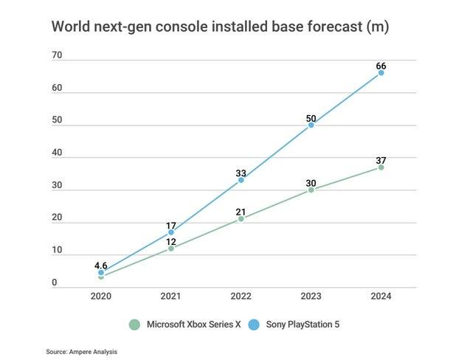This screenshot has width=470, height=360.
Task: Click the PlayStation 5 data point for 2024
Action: click(x=381, y=72)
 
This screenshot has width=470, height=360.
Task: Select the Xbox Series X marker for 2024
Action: click(x=381, y=167)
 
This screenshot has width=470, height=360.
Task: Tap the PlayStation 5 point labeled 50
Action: click(x=311, y=125)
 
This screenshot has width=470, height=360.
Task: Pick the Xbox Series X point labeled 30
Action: click(x=311, y=190)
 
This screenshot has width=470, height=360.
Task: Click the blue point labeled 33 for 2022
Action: click(x=241, y=180)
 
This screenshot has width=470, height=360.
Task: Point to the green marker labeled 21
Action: click(x=241, y=218)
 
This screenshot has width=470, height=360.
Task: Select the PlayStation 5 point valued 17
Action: click(x=170, y=232)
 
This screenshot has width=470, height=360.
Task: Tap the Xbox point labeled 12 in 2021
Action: click(x=170, y=249)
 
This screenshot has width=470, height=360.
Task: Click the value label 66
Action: click(x=381, y=63)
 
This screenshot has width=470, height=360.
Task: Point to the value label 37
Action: click(x=381, y=159)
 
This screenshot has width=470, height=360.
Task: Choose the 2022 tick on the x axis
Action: click(x=241, y=296)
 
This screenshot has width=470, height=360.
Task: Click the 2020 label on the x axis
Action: click(x=100, y=296)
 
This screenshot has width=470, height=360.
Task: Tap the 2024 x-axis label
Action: click(x=381, y=296)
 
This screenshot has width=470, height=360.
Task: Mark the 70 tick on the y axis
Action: click(x=57, y=56)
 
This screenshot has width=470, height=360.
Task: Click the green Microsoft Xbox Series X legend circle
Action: click(x=134, y=324)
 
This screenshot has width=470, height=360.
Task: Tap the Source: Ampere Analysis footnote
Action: click(x=81, y=352)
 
